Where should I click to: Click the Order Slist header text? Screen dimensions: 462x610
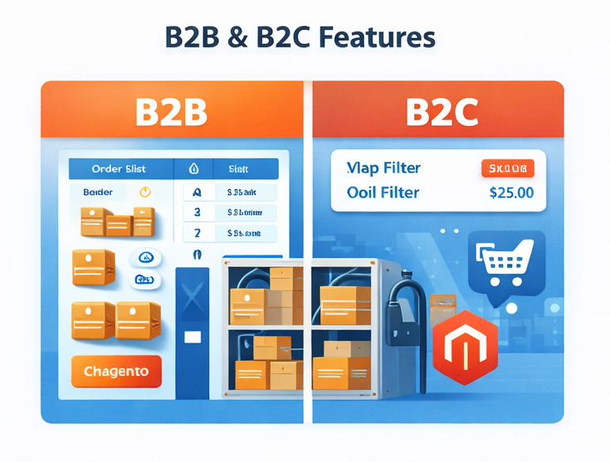coord(119,169)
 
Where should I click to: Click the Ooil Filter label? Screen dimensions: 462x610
coord(383,193)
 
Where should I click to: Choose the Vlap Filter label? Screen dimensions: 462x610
coord(383,168)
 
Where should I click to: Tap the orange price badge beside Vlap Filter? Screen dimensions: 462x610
coord(507,169)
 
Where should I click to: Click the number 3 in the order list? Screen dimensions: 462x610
coord(197,212)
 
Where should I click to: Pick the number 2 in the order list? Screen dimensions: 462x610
coord(197,233)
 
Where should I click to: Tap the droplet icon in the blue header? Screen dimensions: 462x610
coord(194,169)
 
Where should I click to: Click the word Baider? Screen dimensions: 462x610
coord(98,192)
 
